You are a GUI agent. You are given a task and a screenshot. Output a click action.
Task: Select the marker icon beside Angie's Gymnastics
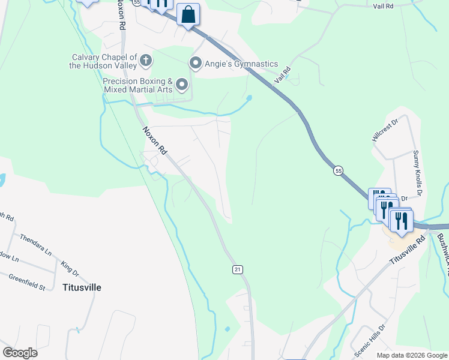195,63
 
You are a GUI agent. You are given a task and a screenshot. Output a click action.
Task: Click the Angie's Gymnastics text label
241,64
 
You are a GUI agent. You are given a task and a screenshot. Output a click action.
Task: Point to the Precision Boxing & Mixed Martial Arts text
138,85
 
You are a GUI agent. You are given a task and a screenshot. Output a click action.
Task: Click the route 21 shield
238,270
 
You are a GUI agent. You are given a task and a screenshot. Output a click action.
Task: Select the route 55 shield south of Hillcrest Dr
339,170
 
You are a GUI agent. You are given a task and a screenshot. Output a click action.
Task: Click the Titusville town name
82,287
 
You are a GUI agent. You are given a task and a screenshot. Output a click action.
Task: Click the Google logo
20,352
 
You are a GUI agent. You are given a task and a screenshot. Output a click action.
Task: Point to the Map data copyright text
411,355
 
